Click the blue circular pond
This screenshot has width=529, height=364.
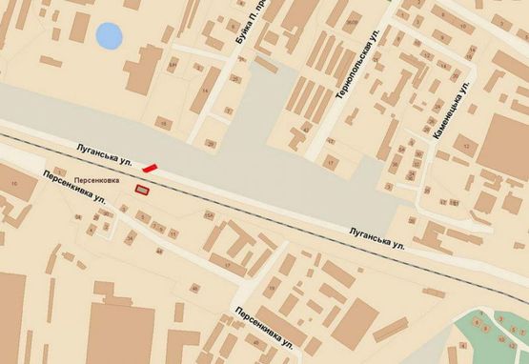[x=110, y=37]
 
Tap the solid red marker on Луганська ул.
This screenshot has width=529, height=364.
[x=150, y=169]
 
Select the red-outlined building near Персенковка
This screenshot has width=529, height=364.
[x=142, y=191]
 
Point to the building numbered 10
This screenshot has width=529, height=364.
[x=13, y=182]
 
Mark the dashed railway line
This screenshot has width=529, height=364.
[x=286, y=218]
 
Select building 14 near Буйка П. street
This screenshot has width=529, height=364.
[x=206, y=90]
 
